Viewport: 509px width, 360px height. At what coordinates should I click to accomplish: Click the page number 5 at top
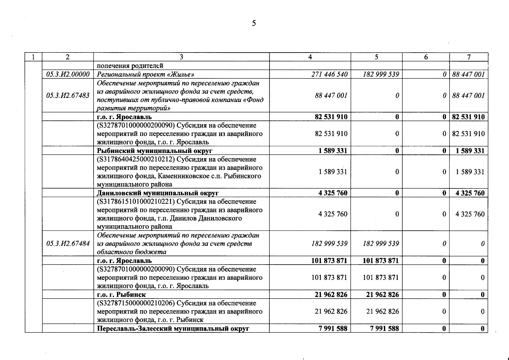click(x=254, y=23)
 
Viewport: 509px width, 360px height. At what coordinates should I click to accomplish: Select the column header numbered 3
click(x=181, y=57)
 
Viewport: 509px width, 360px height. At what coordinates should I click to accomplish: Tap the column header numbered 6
click(x=426, y=57)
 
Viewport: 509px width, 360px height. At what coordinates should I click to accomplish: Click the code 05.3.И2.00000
click(x=68, y=74)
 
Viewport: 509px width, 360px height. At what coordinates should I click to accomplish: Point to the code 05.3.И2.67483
click(x=68, y=95)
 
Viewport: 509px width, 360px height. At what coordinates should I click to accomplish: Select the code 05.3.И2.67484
click(x=68, y=244)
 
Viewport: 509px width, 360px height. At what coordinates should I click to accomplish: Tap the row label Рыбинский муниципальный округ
click(x=154, y=151)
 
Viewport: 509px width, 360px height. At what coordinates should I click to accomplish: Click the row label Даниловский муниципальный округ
click(x=158, y=193)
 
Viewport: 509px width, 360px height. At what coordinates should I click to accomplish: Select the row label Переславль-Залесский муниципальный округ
click(x=173, y=328)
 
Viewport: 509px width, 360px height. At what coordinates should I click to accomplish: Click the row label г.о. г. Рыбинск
click(x=121, y=295)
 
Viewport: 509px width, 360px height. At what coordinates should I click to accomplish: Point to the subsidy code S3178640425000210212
click(x=137, y=159)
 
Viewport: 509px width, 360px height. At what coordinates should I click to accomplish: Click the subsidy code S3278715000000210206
click(x=137, y=303)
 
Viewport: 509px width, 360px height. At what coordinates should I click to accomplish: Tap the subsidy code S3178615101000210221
click(x=137, y=202)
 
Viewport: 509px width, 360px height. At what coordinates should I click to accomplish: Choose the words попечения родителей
click(x=130, y=66)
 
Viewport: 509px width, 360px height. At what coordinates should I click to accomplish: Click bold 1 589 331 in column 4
click(x=333, y=151)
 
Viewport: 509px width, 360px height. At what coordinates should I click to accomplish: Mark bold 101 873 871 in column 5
click(x=381, y=261)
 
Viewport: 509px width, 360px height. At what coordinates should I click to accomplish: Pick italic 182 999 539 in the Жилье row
click(x=381, y=74)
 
